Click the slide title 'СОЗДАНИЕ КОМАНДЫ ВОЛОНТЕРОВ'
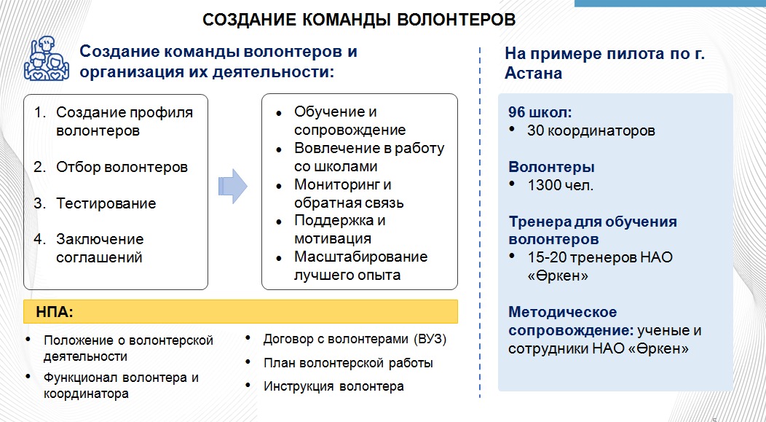358,20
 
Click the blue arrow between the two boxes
233,186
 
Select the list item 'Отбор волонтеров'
122,167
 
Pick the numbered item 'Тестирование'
106,203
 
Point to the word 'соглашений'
99,257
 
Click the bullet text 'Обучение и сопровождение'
350,121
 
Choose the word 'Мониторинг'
334,184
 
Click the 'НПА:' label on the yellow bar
55,312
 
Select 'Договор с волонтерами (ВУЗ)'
355,340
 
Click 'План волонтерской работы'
348,363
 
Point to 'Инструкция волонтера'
333,386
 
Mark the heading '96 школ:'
540,113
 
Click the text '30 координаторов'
591,131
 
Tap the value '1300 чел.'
560,185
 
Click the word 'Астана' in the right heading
533,74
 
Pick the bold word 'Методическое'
562,313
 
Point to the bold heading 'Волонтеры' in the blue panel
551,167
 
